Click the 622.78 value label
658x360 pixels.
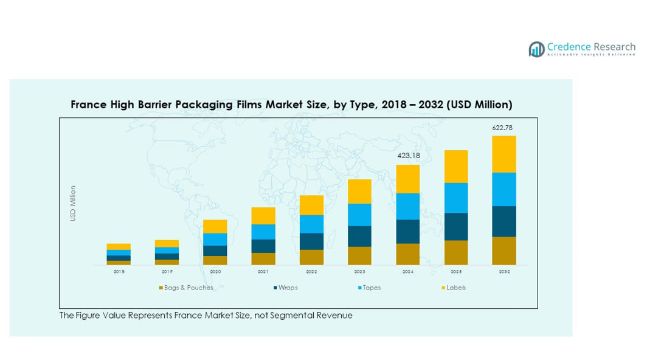click(x=504, y=128)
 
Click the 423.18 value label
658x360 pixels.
click(x=407, y=156)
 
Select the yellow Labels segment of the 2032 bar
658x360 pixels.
click(x=504, y=154)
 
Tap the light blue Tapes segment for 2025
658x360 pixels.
click(x=455, y=198)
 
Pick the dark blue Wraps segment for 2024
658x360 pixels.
click(x=407, y=232)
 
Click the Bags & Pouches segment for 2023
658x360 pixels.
click(x=359, y=255)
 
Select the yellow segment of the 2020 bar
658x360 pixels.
click(x=215, y=226)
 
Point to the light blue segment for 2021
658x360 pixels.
click(x=263, y=232)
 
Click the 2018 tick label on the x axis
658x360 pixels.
click(x=119, y=272)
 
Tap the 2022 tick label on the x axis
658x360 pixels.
click(x=311, y=272)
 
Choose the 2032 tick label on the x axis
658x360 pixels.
click(x=504, y=272)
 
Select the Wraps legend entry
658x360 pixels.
click(x=287, y=288)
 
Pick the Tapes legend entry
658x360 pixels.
click(x=371, y=288)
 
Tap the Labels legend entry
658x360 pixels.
click(x=455, y=288)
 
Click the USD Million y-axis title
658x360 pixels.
click(x=73, y=203)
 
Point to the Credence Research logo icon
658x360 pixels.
click(x=536, y=49)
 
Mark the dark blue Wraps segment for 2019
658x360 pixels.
click(x=167, y=257)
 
